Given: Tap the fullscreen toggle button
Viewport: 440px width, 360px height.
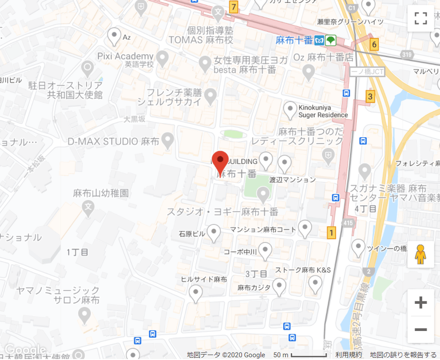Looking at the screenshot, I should [421, 19].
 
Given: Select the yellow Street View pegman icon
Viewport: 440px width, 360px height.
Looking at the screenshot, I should [420, 255].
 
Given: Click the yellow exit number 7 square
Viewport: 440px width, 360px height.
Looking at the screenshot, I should [234, 7].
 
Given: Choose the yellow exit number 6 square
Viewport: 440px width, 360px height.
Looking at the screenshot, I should [374, 45].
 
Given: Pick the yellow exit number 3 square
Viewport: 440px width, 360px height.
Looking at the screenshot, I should [370, 97].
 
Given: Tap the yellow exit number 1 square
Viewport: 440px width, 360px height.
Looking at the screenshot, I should [331, 232].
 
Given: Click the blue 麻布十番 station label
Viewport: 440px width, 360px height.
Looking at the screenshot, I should [294, 40].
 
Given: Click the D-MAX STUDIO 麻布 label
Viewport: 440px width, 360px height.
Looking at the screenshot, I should [114, 141].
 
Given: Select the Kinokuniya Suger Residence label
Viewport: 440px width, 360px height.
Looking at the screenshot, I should [323, 111].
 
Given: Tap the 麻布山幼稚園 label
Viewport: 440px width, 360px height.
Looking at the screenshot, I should [101, 193].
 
